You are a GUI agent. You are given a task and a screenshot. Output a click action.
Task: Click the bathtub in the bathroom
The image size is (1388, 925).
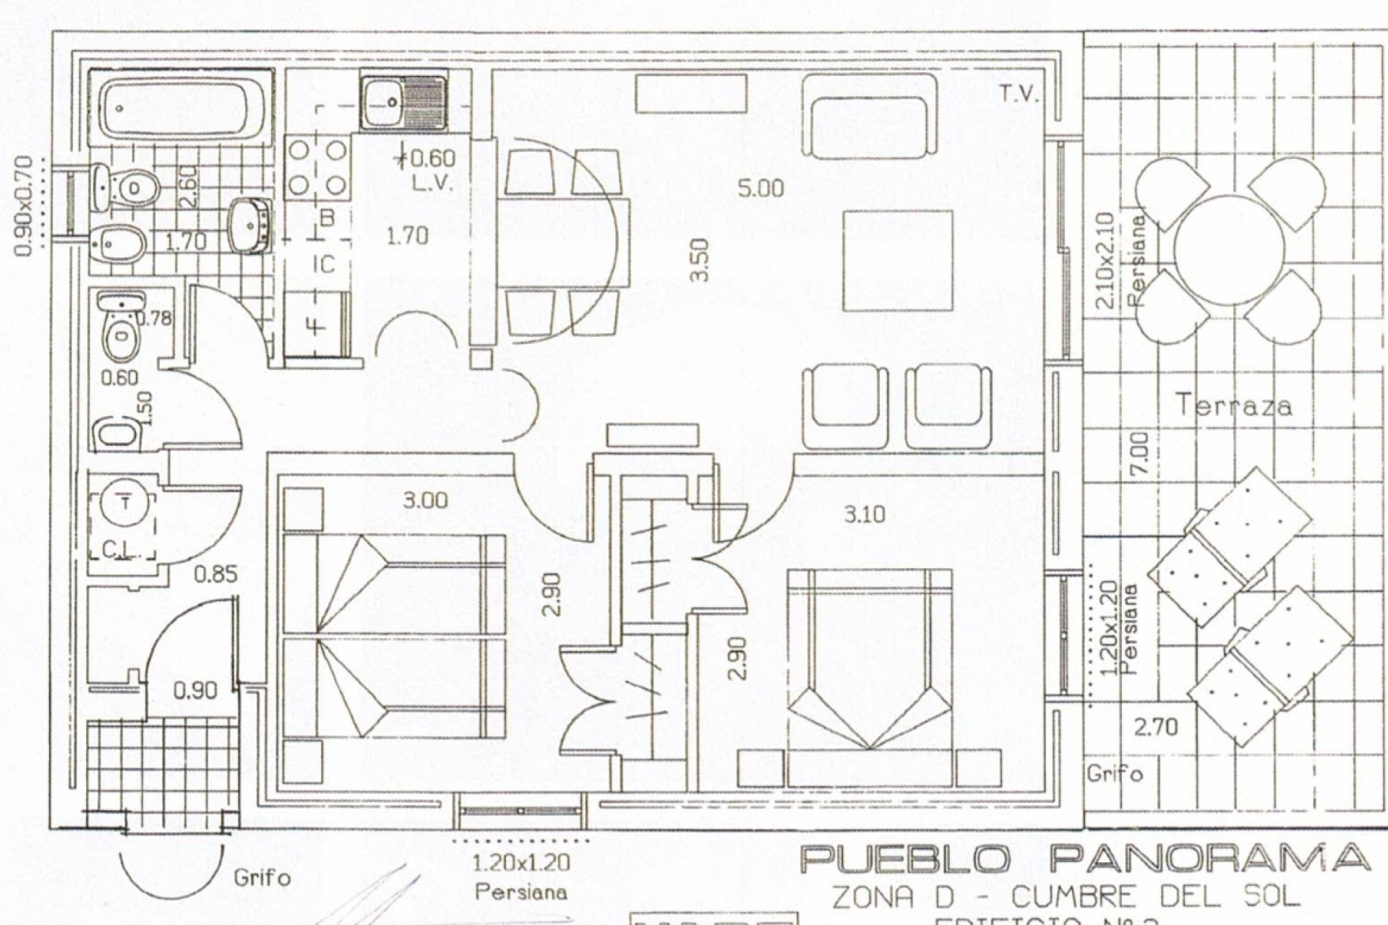[x=181, y=109]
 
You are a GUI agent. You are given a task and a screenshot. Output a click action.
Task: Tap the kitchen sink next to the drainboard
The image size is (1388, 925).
[x=384, y=102]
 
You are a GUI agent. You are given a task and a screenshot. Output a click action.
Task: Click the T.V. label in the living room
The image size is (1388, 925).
[x=1019, y=93]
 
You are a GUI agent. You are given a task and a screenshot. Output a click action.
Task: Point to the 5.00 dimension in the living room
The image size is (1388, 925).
[x=761, y=189]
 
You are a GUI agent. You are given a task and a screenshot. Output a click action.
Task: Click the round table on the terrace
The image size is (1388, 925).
[x=1229, y=249]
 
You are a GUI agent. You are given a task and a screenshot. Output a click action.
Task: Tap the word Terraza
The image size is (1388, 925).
[x=1234, y=405]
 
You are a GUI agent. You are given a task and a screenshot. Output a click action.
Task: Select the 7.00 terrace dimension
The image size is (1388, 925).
[x=1138, y=454]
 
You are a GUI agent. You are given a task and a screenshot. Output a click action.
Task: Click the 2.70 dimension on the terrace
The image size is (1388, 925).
[x=1155, y=726]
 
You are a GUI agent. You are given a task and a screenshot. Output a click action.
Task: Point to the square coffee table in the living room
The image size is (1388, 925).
[x=897, y=260]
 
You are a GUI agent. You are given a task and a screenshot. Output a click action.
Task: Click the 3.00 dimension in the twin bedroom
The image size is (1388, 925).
[x=424, y=500]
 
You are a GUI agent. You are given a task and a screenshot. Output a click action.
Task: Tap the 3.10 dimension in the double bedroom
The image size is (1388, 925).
[x=864, y=515]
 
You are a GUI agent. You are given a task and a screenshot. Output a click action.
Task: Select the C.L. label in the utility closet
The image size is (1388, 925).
[x=117, y=551]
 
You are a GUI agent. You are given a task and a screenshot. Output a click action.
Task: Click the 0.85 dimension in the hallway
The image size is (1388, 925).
[x=215, y=575]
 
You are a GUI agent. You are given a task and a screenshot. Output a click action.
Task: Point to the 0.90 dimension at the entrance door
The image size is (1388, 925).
[x=194, y=691]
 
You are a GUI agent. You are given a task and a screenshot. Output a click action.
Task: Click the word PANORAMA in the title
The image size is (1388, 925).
[x=1209, y=859]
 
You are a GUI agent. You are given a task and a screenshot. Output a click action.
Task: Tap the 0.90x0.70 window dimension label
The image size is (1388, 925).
[x=24, y=206]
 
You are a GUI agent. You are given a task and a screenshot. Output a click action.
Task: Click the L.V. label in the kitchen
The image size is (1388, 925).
[x=432, y=183]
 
